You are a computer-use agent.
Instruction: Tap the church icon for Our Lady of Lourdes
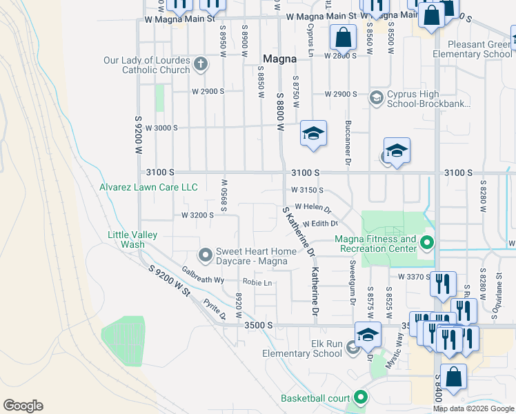(200, 65)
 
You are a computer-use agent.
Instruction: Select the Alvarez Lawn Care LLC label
(148, 187)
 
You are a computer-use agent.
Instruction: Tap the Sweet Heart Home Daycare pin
(205, 256)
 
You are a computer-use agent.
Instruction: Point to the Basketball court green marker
(360, 397)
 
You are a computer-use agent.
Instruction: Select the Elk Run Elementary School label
(302, 348)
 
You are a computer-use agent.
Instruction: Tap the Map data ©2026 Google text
(473, 408)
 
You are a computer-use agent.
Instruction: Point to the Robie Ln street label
(257, 282)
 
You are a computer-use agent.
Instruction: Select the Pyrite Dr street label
(214, 309)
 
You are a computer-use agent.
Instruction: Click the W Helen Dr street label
(313, 208)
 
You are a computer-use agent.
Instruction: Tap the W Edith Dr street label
(320, 224)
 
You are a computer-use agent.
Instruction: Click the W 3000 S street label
(161, 128)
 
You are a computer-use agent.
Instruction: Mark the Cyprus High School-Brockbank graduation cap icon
(377, 98)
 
